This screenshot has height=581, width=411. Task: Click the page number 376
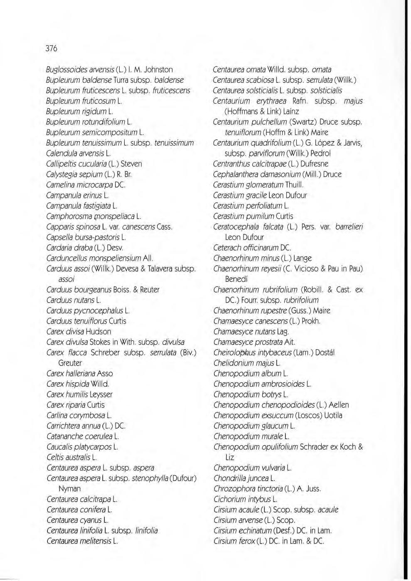click(x=51, y=48)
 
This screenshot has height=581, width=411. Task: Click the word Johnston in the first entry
click(x=158, y=70)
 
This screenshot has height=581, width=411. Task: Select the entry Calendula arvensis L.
click(x=78, y=154)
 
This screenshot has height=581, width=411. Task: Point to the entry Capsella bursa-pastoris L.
click(x=86, y=237)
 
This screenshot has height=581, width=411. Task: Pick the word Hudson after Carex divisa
click(x=98, y=332)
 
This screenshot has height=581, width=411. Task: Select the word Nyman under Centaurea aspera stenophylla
click(x=69, y=489)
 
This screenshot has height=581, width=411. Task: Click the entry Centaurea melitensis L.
click(x=82, y=541)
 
